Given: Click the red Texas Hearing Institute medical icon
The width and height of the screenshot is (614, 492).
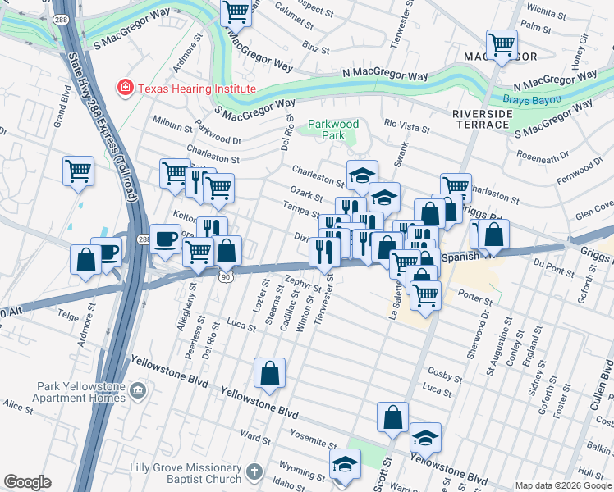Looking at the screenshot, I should [x=126, y=88].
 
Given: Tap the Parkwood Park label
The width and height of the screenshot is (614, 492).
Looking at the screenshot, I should [x=333, y=130].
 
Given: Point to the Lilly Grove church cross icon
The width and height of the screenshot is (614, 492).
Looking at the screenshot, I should [x=254, y=473].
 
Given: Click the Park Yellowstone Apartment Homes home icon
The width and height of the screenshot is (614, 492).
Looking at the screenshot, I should [x=137, y=391].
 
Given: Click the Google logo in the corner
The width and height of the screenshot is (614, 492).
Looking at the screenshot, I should [x=27, y=482].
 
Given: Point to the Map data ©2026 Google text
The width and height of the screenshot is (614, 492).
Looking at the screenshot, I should [x=563, y=485].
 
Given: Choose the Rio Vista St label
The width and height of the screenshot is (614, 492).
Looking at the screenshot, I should [x=401, y=125].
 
